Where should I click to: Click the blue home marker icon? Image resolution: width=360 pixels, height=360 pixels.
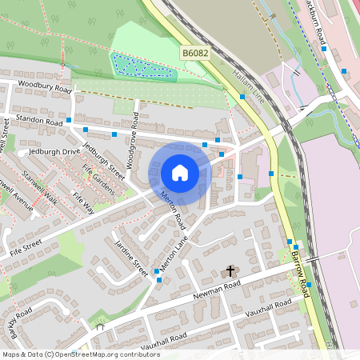coord(180,173)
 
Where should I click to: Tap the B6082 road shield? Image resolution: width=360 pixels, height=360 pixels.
coord(195,54)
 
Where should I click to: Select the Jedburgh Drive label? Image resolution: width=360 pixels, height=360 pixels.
coord(54,151)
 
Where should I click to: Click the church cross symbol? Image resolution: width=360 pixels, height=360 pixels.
coord(230,272)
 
